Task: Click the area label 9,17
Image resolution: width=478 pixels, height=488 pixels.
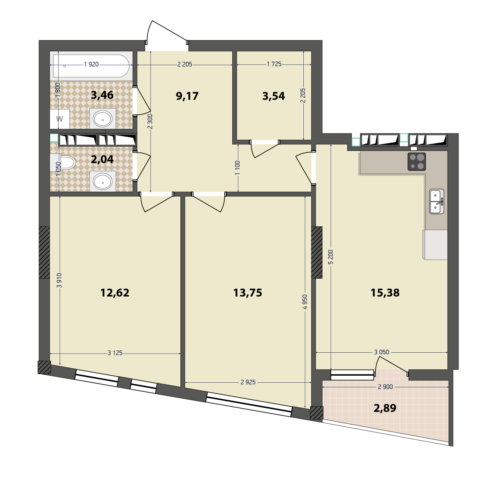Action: coord(187,96)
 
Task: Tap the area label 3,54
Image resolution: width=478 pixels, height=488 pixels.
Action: coord(273,96)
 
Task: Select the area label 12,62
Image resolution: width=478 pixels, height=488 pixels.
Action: coord(115,293)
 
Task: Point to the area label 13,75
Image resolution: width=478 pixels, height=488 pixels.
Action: coord(248,293)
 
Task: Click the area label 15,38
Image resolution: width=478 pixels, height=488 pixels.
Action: coord(385,293)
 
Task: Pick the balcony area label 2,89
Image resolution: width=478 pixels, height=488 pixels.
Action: coord(385,408)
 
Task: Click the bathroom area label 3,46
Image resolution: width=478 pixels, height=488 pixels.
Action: coord(102,95)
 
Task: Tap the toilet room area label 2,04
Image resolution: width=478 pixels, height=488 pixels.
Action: coord(102,159)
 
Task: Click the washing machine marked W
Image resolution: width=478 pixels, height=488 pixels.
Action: coord(60,119)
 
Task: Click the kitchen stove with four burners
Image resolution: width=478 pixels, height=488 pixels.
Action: coord(417,161)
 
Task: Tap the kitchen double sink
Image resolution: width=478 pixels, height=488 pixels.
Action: coord(437,201)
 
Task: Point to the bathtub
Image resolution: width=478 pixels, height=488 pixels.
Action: coord(91,66)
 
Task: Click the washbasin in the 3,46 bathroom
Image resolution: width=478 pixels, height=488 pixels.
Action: coord(103,119)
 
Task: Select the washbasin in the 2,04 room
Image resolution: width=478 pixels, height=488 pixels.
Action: coord(103,182)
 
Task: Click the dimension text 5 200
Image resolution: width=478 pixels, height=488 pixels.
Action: coord(331,257)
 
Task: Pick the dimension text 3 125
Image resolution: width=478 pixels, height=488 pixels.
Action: coord(115,353)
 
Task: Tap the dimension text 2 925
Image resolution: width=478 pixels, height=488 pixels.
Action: coord(248,382)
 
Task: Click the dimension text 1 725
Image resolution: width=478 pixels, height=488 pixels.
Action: coord(274,64)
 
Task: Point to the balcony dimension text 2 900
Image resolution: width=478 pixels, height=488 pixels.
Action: coord(385,387)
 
